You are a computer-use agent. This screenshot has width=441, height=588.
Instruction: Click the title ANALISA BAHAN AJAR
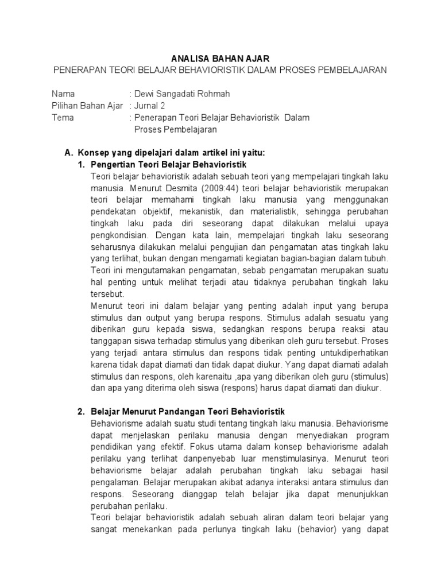pos(220,59)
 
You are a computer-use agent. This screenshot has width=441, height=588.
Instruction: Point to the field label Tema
pos(63,118)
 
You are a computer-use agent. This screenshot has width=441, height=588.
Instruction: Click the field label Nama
pos(63,94)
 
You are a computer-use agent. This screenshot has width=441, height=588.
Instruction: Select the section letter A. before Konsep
pos(69,153)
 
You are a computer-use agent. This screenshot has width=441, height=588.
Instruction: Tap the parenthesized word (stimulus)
pos(369,376)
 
